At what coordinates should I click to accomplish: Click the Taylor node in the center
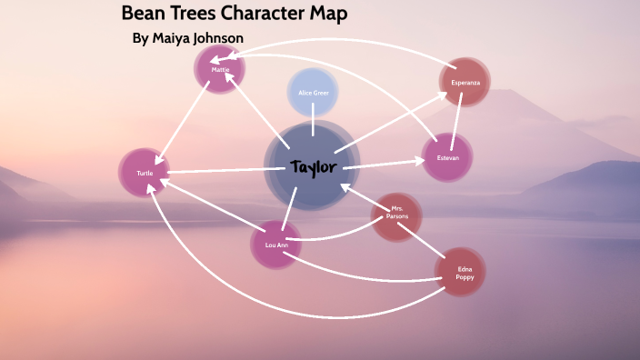313,166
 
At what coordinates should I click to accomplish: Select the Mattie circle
220,69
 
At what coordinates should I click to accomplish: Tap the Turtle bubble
145,173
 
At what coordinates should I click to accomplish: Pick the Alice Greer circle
313,93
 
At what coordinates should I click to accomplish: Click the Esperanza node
465,82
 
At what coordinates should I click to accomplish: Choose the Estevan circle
447,158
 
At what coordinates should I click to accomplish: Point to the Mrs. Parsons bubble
397,216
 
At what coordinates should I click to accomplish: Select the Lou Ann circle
275,245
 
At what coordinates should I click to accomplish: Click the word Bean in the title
143,15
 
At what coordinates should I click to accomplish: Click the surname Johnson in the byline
217,38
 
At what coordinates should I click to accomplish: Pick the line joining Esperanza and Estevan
458,119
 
